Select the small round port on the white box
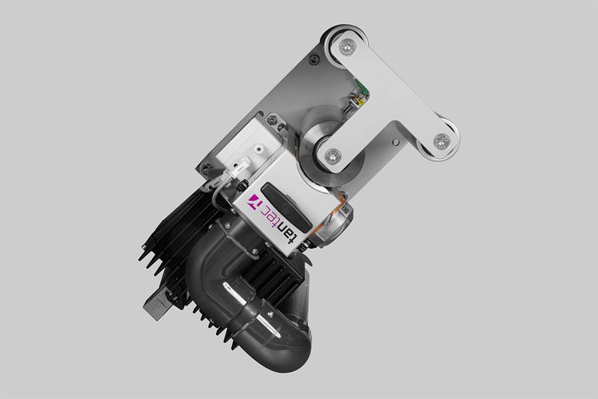(x=261, y=148)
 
